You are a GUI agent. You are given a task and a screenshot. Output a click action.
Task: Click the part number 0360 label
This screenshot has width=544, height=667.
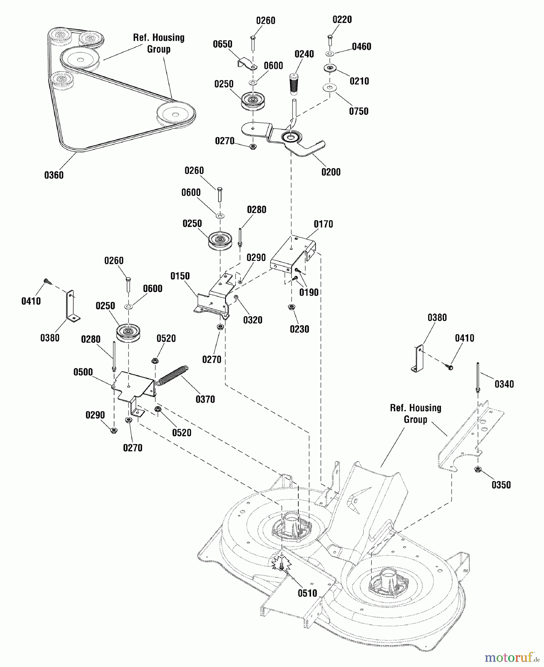[x=54, y=175]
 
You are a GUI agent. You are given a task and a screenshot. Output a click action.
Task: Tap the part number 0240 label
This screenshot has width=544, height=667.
[x=304, y=54]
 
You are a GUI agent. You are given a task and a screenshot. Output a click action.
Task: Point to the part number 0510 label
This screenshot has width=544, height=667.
[x=307, y=593]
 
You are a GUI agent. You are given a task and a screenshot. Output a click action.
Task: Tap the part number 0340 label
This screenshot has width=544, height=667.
[x=504, y=384]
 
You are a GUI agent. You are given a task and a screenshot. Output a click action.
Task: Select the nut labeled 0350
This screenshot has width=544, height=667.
[x=478, y=469]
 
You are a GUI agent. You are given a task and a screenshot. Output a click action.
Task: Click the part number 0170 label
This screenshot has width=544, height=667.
[x=323, y=224]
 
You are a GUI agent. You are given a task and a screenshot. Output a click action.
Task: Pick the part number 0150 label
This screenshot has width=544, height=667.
[x=180, y=276]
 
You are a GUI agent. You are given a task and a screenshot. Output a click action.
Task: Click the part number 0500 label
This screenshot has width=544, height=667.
[x=83, y=372]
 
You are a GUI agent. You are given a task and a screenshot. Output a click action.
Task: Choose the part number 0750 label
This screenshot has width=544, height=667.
[x=359, y=111]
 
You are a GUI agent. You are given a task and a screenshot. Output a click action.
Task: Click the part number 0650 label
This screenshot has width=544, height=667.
[x=222, y=44]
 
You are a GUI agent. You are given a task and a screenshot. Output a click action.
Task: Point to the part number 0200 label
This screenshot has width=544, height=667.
[x=331, y=172]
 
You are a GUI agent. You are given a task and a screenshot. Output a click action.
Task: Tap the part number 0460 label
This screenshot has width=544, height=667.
[x=361, y=47]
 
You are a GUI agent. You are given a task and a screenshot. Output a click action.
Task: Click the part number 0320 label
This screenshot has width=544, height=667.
[x=253, y=320]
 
